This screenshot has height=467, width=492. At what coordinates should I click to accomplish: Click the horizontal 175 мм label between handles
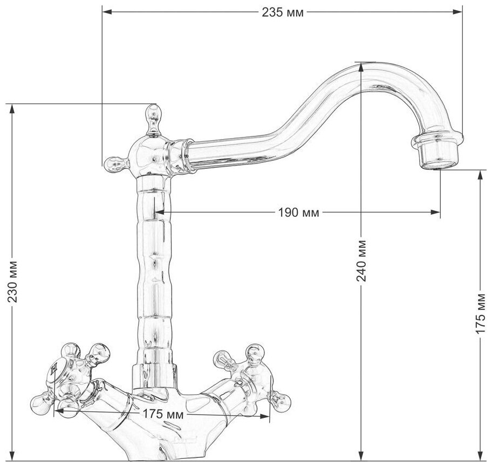coord(162,415)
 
